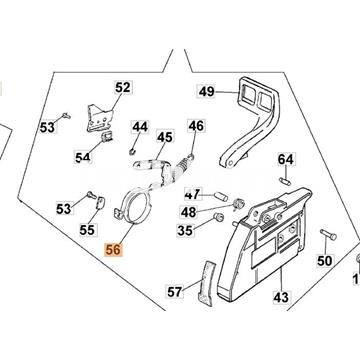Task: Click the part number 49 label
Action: [207, 92]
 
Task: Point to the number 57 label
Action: [175, 292]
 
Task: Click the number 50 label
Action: [323, 261]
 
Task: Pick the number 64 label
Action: [286, 160]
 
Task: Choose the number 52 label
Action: [122, 88]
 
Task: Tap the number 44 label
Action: [140, 128]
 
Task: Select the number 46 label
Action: [196, 126]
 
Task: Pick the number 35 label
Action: [185, 230]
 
